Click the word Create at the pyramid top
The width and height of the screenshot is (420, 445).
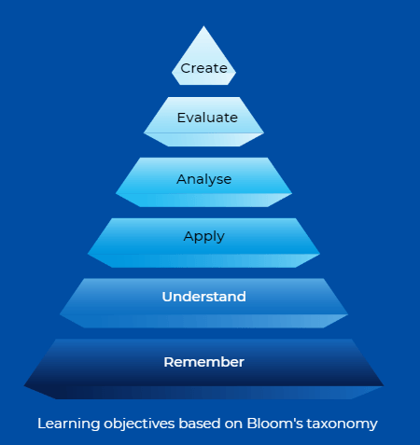(203, 68)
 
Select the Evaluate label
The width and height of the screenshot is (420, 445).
(207, 118)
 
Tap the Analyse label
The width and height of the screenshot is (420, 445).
(204, 179)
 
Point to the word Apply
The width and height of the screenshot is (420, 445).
(204, 237)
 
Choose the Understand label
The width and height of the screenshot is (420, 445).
(204, 297)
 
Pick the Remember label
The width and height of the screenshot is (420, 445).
(204, 362)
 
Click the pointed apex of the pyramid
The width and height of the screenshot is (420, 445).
(203, 26)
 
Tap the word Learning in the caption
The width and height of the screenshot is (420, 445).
(69, 424)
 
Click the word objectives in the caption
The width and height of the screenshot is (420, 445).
(139, 424)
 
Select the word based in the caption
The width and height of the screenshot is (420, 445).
(200, 424)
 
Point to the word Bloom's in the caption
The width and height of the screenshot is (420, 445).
(275, 424)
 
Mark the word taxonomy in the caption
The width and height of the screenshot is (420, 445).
(342, 424)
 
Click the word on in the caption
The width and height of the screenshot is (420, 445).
(233, 424)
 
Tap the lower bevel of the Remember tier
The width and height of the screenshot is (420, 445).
(203, 393)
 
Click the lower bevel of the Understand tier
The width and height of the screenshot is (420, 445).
(203, 321)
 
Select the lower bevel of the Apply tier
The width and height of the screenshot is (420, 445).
(203, 260)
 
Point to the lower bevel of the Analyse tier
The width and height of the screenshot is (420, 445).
(203, 200)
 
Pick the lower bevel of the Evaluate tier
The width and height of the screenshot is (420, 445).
(203, 140)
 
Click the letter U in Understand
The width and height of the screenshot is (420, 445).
(167, 297)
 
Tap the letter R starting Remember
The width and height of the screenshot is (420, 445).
(169, 362)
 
